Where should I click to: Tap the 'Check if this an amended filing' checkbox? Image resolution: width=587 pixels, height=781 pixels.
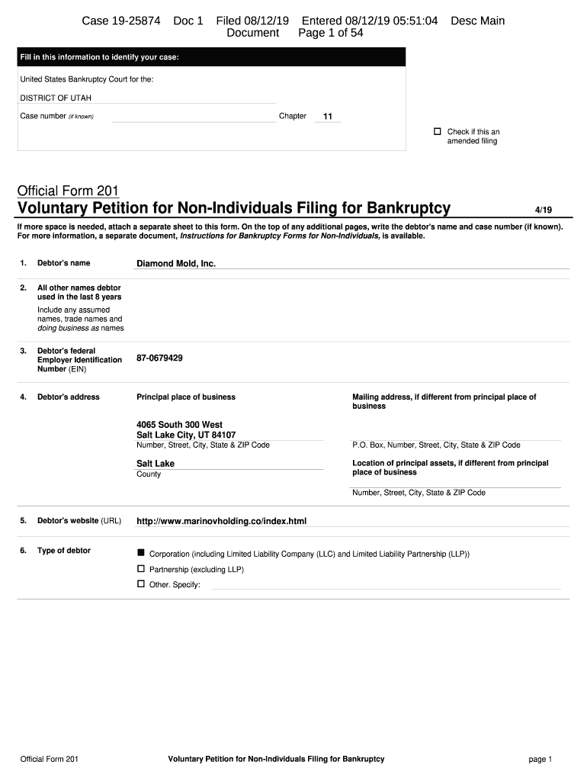(438, 132)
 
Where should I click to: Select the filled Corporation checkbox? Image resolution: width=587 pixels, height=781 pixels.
(140, 553)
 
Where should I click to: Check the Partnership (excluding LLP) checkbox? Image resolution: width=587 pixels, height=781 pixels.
(140, 569)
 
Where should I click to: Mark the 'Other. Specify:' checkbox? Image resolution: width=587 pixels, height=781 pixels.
(140, 584)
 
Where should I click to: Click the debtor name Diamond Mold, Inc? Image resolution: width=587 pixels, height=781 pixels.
(176, 263)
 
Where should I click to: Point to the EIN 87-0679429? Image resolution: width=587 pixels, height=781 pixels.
(159, 358)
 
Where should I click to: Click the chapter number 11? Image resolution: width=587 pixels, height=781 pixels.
(328, 117)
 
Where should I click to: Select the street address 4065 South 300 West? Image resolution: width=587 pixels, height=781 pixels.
(179, 425)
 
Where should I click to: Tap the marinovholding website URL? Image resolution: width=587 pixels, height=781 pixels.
(221, 521)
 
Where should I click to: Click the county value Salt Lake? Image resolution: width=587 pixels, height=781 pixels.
(156, 464)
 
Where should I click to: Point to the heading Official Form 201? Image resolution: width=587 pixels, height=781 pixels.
(68, 191)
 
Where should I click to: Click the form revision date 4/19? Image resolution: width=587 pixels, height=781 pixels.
(547, 210)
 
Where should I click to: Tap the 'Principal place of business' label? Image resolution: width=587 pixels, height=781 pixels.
(186, 397)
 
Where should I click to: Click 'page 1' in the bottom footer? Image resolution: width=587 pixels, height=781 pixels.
(540, 759)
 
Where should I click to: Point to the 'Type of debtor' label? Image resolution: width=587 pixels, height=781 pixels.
(64, 551)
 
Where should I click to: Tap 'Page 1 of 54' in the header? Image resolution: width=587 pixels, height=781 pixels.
(330, 34)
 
